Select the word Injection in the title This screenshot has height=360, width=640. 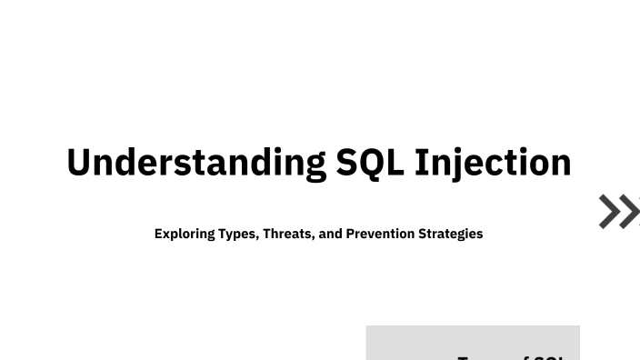click(493, 163)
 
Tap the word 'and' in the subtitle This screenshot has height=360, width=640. click(331, 234)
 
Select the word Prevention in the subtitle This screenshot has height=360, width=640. click(380, 234)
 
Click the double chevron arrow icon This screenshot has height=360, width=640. click(619, 211)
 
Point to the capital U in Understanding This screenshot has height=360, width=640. click(79, 163)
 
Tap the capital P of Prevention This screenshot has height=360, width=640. click(350, 234)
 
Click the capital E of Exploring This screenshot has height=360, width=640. click(158, 234)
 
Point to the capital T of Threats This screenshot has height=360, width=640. click(266, 234)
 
